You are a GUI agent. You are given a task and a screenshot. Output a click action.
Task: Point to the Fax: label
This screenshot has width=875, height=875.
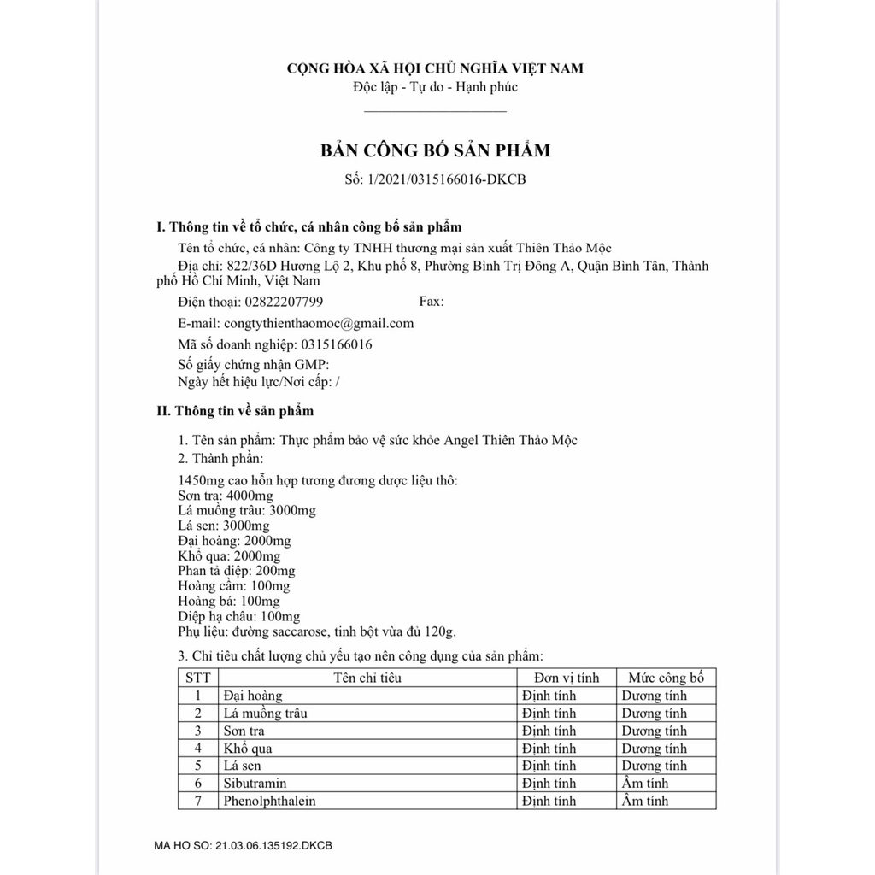(432, 302)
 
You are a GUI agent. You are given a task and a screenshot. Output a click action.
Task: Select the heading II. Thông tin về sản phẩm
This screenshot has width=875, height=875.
(235, 411)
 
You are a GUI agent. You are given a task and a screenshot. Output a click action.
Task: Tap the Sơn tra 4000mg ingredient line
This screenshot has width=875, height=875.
(226, 496)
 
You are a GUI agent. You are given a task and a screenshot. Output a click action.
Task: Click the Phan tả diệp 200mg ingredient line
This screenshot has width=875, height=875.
(237, 571)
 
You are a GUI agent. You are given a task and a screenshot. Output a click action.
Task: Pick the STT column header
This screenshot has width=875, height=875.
(197, 678)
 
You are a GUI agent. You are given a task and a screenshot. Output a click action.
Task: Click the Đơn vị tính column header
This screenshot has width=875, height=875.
(561, 678)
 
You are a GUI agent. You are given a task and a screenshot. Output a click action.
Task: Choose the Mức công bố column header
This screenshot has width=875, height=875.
(666, 678)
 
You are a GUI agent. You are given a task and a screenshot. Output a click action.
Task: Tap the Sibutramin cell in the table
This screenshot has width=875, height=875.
(255, 784)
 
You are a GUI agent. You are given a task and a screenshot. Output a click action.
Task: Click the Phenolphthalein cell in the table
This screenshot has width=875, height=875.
(269, 802)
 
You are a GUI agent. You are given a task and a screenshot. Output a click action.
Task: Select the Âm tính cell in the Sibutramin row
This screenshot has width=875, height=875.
(645, 784)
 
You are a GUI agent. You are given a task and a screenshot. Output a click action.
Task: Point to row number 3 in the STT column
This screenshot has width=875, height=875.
(197, 731)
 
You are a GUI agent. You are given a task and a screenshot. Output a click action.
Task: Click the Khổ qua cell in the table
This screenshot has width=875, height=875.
(248, 749)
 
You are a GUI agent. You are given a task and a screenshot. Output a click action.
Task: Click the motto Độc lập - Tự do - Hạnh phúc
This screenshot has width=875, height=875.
(435, 86)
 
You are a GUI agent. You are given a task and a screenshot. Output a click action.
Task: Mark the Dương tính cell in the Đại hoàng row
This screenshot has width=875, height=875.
(654, 696)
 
